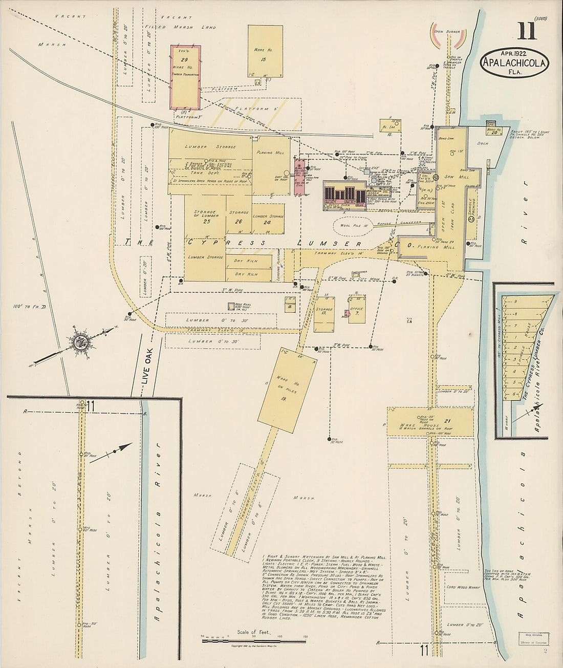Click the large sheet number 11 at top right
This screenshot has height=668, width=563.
(527, 31)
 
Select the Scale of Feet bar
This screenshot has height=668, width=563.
(254, 640)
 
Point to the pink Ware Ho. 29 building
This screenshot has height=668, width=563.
(185, 77)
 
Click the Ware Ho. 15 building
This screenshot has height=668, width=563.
(265, 52)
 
